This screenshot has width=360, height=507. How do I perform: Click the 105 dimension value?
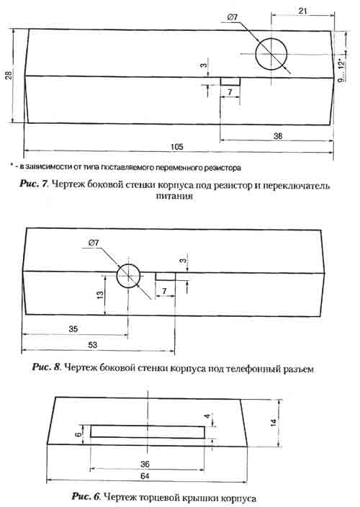[x=176, y=146]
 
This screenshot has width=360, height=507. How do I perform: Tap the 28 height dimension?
[x=9, y=75]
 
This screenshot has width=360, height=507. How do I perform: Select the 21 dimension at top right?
[x=302, y=11]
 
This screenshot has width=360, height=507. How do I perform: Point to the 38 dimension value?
[x=278, y=136]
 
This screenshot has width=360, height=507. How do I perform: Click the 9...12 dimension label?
[x=341, y=71]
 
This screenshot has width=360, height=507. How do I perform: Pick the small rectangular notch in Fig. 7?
[x=230, y=81]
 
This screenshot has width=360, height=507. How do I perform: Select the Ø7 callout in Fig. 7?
[x=233, y=17]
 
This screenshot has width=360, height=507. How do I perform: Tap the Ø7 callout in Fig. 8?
[x=94, y=243]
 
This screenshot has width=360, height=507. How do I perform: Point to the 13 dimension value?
[x=101, y=295]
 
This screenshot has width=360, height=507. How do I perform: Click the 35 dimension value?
[x=73, y=329]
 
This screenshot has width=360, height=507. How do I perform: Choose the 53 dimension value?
[x=92, y=345]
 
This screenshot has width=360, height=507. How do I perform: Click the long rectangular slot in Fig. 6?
[x=148, y=431]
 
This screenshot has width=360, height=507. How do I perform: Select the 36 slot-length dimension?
[x=145, y=464]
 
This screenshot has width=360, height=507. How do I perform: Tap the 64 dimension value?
[x=145, y=475]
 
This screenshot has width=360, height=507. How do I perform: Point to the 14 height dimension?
[x=274, y=422]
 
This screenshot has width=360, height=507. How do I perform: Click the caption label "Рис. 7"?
[x=34, y=184]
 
